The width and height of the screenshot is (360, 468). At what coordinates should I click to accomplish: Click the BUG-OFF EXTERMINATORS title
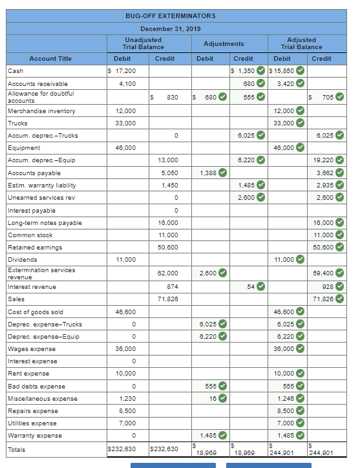[x=171, y=16]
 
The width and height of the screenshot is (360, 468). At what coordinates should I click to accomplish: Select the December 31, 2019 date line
[x=171, y=29]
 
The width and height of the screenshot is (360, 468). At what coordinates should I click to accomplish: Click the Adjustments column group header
[x=224, y=44]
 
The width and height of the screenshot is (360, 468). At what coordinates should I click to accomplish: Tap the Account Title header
[x=51, y=59]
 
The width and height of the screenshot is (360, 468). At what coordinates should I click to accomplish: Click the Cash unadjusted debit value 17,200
[x=122, y=70]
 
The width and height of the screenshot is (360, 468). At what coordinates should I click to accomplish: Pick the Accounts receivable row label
[x=37, y=84]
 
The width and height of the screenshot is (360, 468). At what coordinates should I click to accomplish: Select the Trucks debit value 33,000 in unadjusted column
[x=125, y=123]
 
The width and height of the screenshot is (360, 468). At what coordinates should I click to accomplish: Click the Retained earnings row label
[x=35, y=248]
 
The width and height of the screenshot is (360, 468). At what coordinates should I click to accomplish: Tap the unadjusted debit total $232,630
[x=121, y=449]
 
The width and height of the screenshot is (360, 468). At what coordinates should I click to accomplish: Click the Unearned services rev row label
[x=41, y=198]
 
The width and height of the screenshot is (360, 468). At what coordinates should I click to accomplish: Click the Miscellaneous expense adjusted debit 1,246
[x=285, y=399]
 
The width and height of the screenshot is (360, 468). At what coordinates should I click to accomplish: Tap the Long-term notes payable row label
[x=45, y=223]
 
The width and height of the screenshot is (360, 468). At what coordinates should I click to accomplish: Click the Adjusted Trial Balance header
[x=301, y=43]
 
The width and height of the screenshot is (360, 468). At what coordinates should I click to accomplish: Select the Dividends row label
[x=23, y=260]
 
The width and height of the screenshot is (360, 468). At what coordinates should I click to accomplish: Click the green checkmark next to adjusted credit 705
[x=339, y=97]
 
